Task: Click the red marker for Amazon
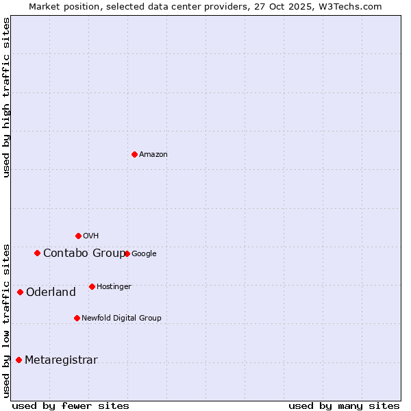pos(134,154)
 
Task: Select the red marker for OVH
pos(78,236)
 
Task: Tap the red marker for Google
pos(127,253)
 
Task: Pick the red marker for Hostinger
pos(92,286)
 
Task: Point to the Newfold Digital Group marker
pos(77,318)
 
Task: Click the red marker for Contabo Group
pos(37,253)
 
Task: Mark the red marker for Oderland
pos(20,292)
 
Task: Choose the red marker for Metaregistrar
pos(18,360)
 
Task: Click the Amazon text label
pos(153,155)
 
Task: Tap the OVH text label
pos(91,236)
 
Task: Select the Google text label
pos(144,254)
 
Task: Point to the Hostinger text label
pos(114,287)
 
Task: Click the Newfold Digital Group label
pos(121,319)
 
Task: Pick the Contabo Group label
pos(84,253)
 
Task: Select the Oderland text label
pos(51,292)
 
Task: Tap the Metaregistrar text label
pos(61,360)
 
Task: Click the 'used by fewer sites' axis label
pos(71,406)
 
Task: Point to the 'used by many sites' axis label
pos(344,406)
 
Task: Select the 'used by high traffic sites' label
pos(7,97)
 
